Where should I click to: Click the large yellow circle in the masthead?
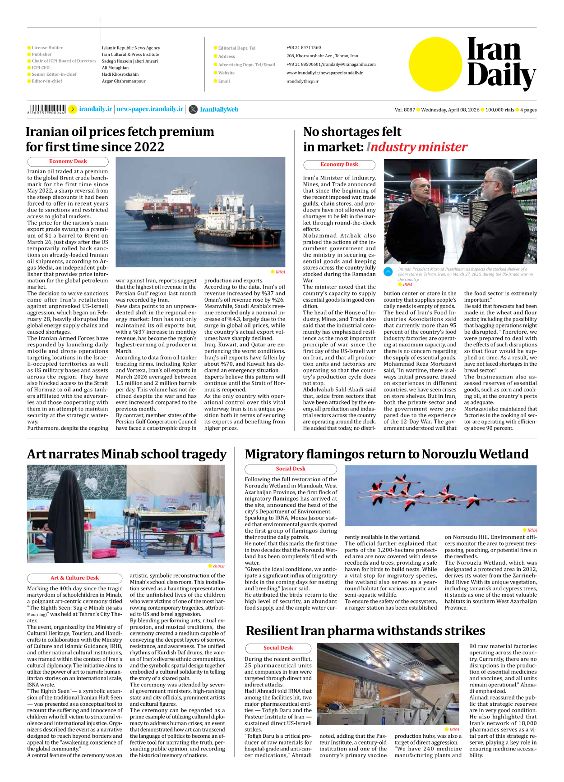click(x=436, y=64)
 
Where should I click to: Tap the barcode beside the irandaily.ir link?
click(x=47, y=109)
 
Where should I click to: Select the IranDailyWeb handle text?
click(x=219, y=110)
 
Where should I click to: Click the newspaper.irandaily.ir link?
click(x=150, y=109)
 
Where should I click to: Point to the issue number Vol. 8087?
click(x=405, y=110)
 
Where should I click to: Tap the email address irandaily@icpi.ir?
click(x=302, y=81)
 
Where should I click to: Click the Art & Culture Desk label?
click(x=74, y=578)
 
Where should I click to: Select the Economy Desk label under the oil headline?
click(x=68, y=161)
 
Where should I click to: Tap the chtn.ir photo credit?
click(x=219, y=566)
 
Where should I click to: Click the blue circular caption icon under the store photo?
click(x=388, y=271)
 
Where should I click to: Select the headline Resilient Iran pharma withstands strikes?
click(x=365, y=630)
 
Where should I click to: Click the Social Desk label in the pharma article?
click(x=278, y=648)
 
